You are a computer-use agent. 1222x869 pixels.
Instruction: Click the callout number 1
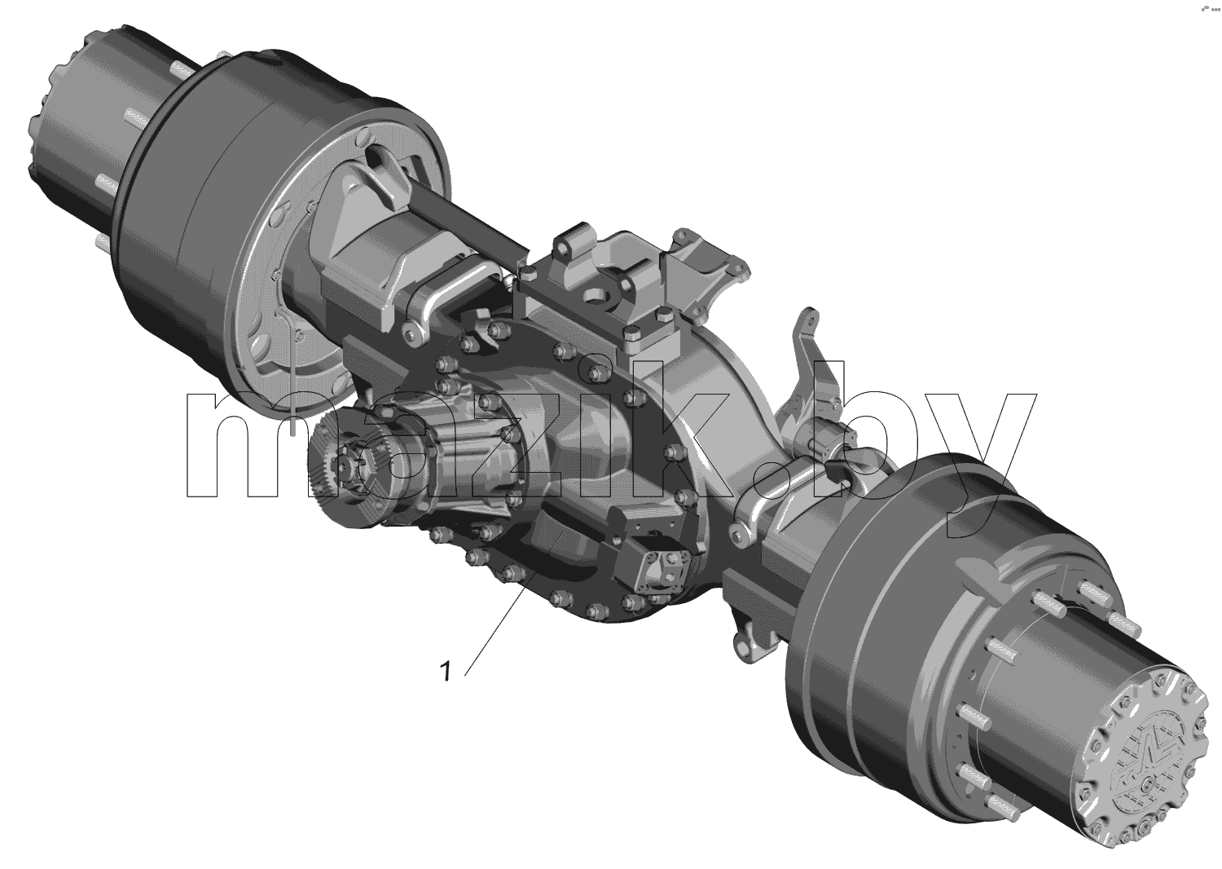pos(446,672)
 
